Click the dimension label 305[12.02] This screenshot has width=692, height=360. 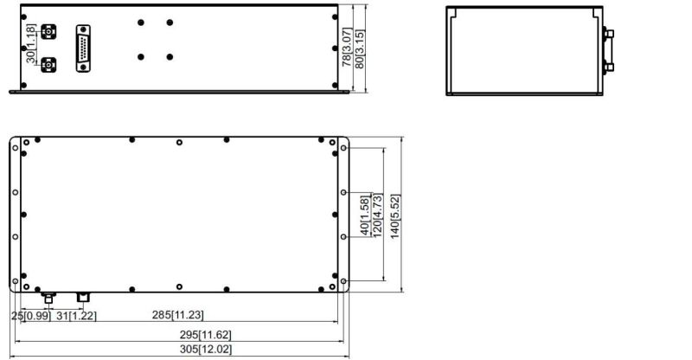pos(205,350)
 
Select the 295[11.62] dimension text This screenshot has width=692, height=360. pos(205,335)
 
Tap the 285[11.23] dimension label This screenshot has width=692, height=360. pos(178,315)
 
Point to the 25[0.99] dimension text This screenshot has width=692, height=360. pos(31,316)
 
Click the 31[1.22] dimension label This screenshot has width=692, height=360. pos(76,316)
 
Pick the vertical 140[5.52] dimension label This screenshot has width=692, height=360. pos(395,216)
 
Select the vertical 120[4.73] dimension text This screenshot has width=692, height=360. pos(378,215)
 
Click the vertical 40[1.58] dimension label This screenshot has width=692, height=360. pos(364,216)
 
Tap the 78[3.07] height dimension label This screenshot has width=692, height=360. pos(348,48)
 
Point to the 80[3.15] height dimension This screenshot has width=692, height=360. pos(360,48)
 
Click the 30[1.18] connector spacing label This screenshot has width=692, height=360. pos(30,43)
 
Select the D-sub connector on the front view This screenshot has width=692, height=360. pos(83,48)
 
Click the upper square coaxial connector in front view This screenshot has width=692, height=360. pos(48,32)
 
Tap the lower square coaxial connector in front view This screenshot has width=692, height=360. pos(48,65)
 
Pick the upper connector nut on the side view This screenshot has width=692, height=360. pos(610,34)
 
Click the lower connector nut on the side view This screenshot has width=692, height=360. pos(610,67)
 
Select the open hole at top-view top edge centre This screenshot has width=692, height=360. pos(179,142)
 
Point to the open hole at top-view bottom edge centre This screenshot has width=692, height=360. pos(179,286)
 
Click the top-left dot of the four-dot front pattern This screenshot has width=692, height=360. pos(141,22)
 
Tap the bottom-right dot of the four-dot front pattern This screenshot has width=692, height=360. pos(170,57)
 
